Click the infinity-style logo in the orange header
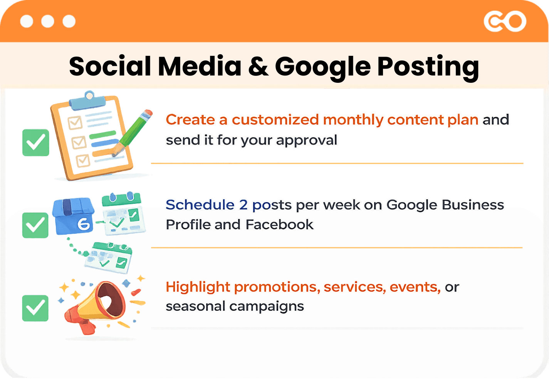(x=505, y=22)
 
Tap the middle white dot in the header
(x=48, y=22)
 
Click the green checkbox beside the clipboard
(x=36, y=143)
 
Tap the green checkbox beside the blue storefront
(x=35, y=225)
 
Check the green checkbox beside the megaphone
(x=35, y=308)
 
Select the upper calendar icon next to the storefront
(x=123, y=214)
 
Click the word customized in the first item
(x=275, y=120)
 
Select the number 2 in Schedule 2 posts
(x=243, y=205)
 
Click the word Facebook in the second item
(x=279, y=225)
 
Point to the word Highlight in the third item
(x=198, y=287)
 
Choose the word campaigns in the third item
(x=267, y=307)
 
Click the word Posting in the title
(x=428, y=67)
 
